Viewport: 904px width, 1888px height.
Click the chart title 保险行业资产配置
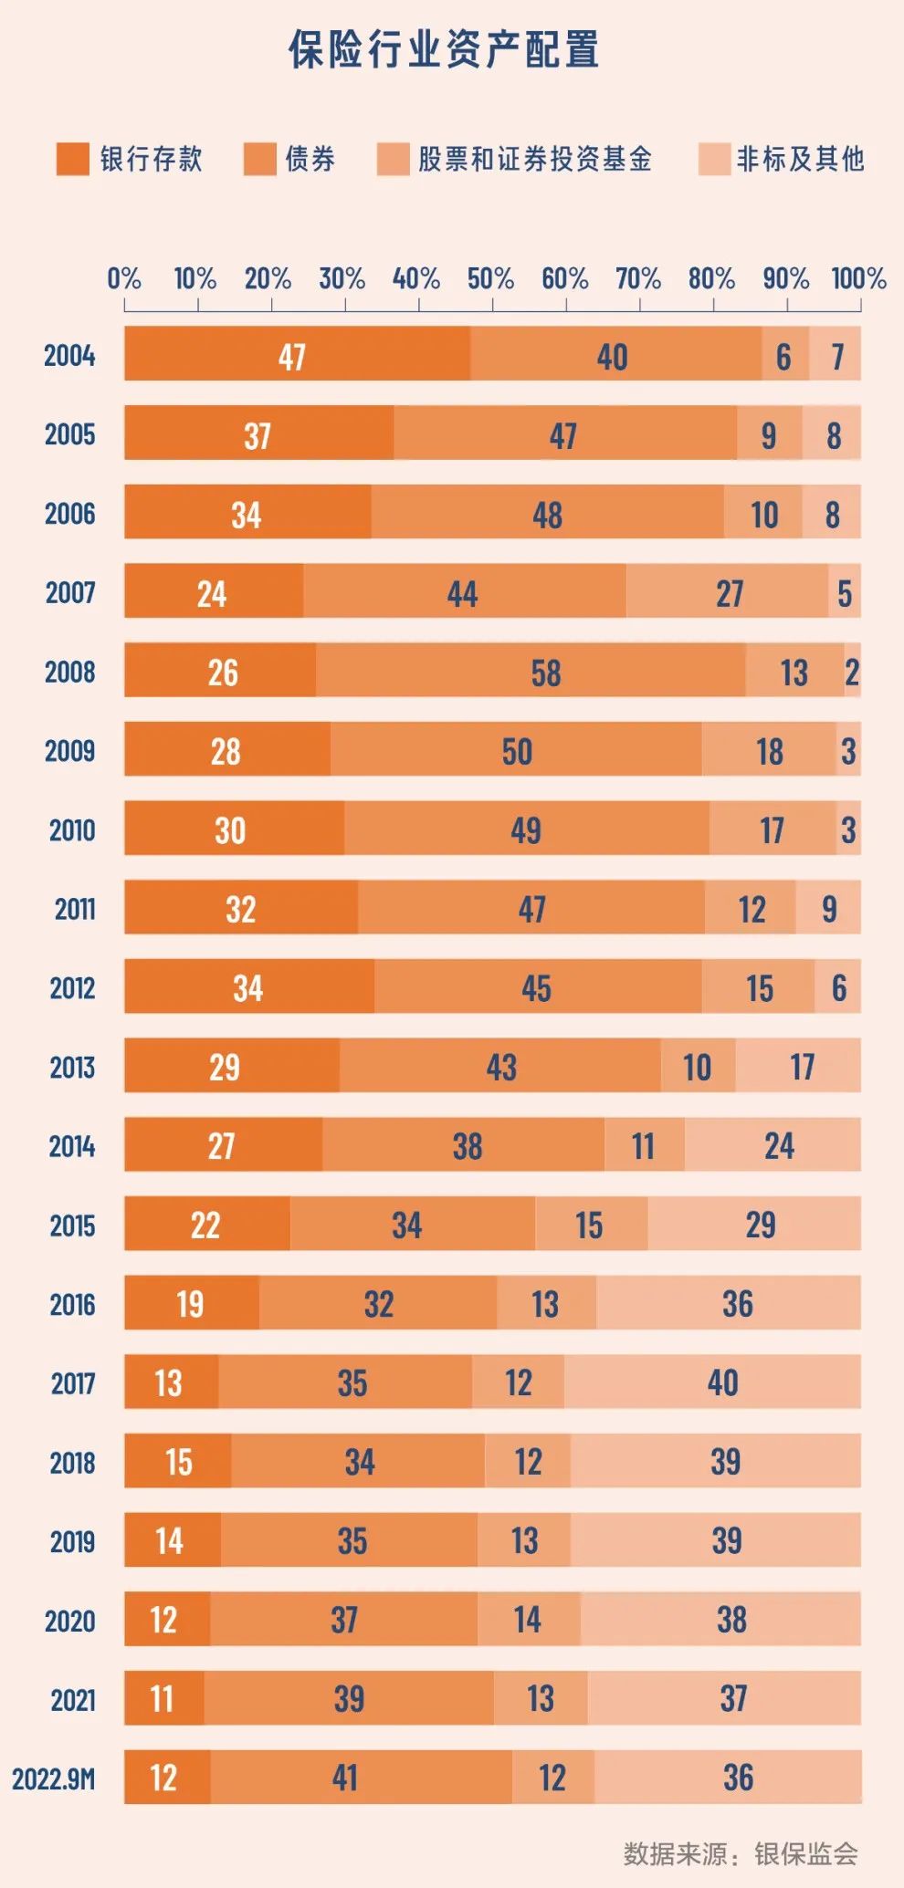[444, 49]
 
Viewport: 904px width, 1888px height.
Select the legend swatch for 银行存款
[73, 159]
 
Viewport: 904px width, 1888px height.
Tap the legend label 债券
[310, 159]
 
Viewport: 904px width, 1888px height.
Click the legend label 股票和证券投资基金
[535, 159]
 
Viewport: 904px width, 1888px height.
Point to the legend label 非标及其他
[800, 159]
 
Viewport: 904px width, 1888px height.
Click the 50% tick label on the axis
[490, 278]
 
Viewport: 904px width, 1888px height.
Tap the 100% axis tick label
[858, 278]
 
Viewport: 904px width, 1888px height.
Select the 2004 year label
[69, 355]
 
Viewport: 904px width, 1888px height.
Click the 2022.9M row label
[54, 1778]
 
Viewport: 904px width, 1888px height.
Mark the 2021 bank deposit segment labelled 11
[163, 1698]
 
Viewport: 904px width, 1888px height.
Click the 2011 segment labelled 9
[828, 908]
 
